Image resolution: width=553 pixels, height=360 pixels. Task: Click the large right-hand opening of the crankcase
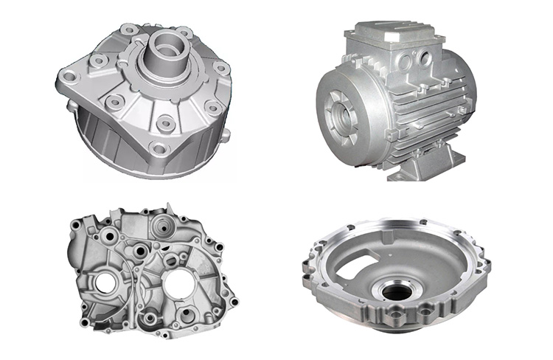pyautogui.click(x=181, y=283)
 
